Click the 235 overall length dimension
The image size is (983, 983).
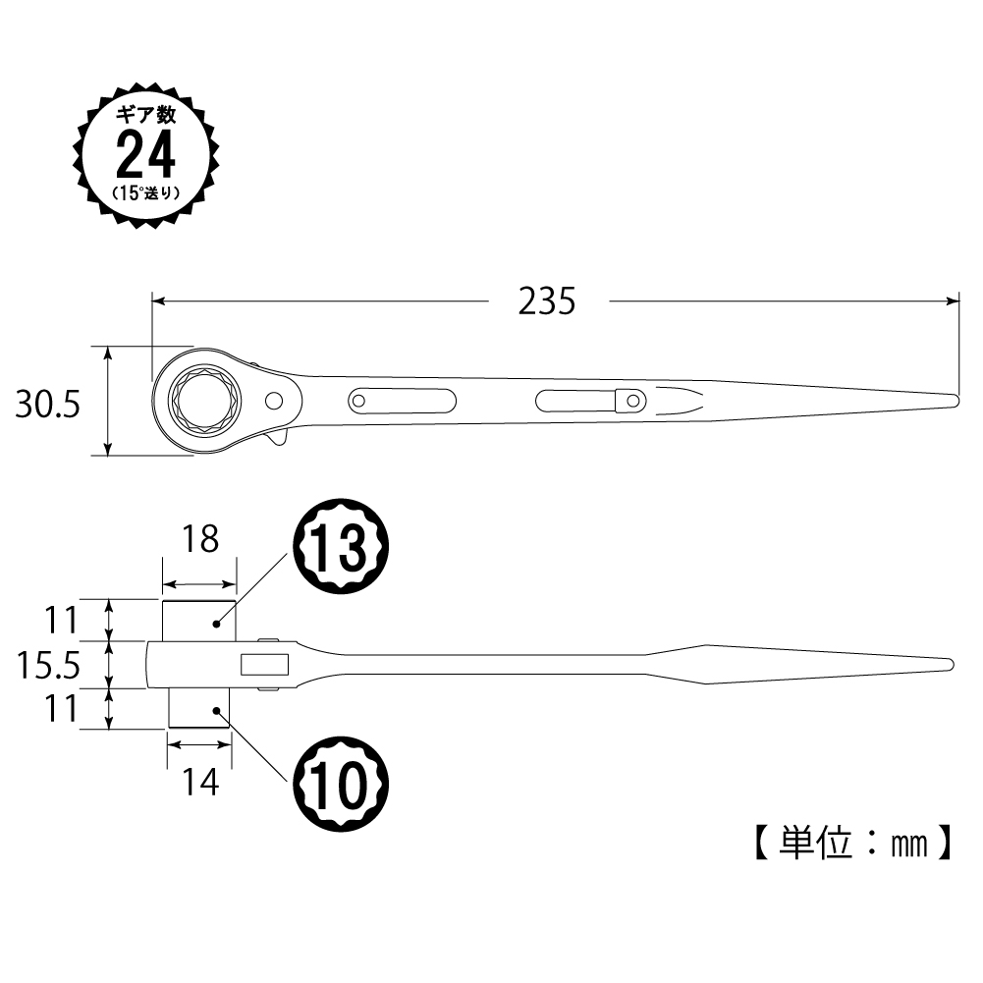coord(546,301)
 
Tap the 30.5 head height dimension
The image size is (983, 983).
coord(48,404)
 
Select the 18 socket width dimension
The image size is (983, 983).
coord(200,539)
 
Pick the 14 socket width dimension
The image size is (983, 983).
coord(200,782)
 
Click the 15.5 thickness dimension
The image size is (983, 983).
coord(48,665)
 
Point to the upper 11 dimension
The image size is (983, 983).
coord(60,620)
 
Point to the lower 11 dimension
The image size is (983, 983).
coord(60,709)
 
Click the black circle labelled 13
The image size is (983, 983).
coord(342,547)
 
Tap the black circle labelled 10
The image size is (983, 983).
coord(342,785)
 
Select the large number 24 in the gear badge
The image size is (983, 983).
coord(145,155)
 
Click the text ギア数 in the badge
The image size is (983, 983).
coord(146,115)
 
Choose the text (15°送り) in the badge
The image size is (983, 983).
coord(146,193)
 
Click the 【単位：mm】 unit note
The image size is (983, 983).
coord(853,843)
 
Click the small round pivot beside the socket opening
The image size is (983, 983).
coord(274,401)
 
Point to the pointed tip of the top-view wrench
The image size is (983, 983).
coord(956,401)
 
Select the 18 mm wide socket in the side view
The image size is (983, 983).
coord(199,620)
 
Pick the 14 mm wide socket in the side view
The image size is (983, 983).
coord(199,708)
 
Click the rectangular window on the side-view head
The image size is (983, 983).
coord(264,665)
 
